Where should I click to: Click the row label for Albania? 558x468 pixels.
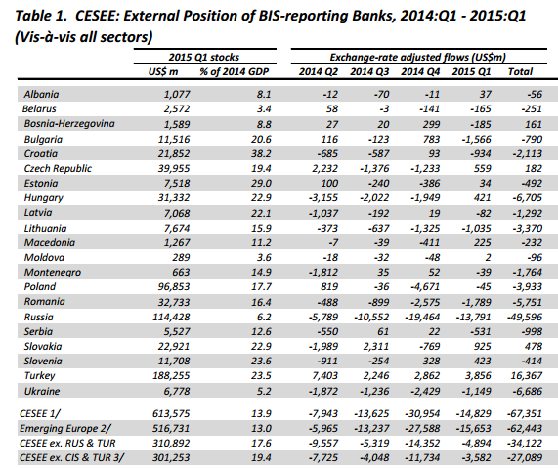(41, 95)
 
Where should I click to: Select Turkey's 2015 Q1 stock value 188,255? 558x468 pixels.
(171, 376)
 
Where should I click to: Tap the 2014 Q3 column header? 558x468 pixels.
(369, 72)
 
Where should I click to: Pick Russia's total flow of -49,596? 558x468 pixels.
(525, 318)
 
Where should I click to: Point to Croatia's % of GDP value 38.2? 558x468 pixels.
(261, 153)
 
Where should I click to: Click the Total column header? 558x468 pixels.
(520, 72)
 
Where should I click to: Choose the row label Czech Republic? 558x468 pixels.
(58, 168)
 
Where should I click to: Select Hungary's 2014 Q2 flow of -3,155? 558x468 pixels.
(323, 198)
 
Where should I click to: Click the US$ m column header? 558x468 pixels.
(163, 72)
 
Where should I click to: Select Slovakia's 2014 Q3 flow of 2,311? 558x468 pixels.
(377, 346)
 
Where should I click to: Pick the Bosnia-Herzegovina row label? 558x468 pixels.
(69, 124)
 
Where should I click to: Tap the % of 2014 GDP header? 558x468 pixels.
(235, 72)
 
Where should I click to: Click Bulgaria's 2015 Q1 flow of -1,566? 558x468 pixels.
(476, 139)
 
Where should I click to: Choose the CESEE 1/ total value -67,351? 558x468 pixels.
(525, 414)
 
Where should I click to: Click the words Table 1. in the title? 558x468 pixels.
(41, 16)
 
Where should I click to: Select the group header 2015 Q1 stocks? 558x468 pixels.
(204, 57)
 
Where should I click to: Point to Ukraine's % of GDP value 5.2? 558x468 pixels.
(264, 392)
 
